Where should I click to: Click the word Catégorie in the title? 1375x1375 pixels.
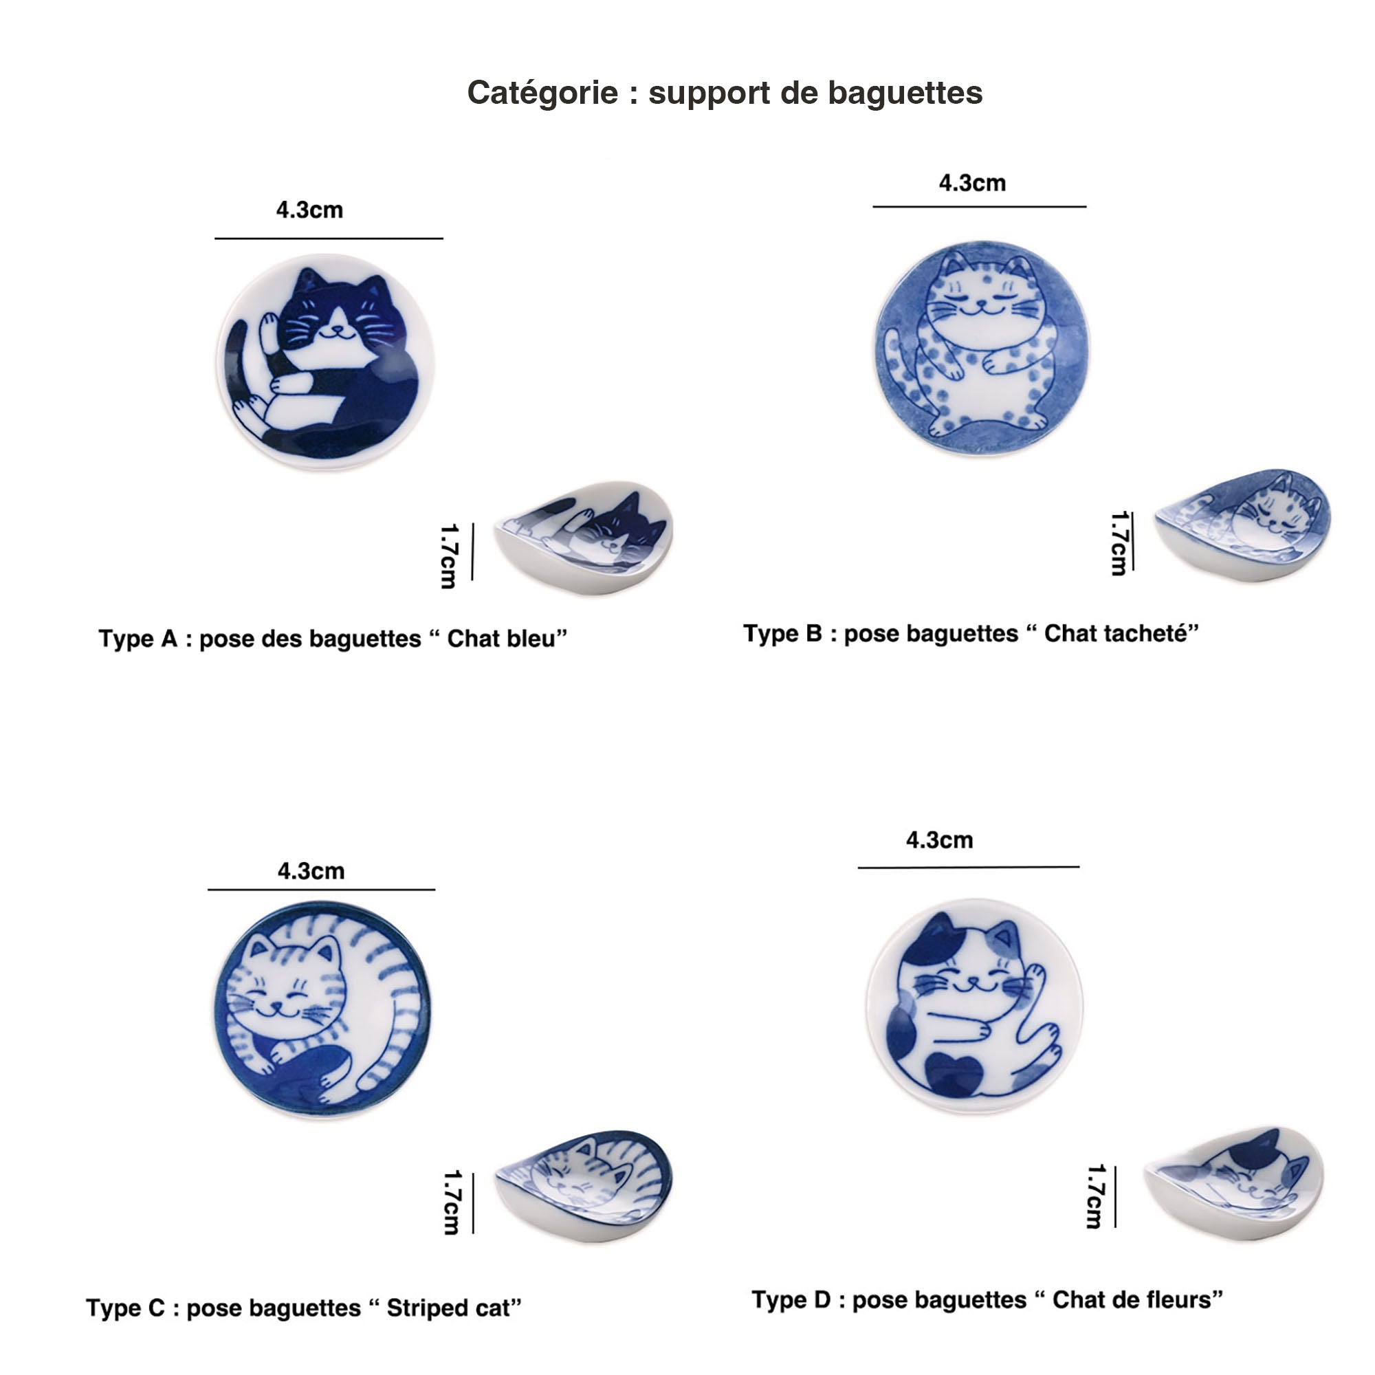tap(542, 93)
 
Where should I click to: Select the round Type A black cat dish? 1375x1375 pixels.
tap(326, 362)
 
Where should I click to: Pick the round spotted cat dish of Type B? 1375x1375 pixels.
tap(982, 348)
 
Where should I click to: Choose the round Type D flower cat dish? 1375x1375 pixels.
tap(974, 1006)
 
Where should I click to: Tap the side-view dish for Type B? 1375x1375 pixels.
tap(1242, 525)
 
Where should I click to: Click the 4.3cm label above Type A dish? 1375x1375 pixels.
tap(309, 210)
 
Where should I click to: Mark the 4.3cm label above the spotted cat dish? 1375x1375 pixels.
tap(972, 183)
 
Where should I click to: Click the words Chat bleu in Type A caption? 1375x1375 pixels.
tap(501, 639)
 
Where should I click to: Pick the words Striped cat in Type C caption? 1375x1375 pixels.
tap(448, 1308)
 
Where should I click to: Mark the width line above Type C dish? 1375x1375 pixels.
tap(321, 890)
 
